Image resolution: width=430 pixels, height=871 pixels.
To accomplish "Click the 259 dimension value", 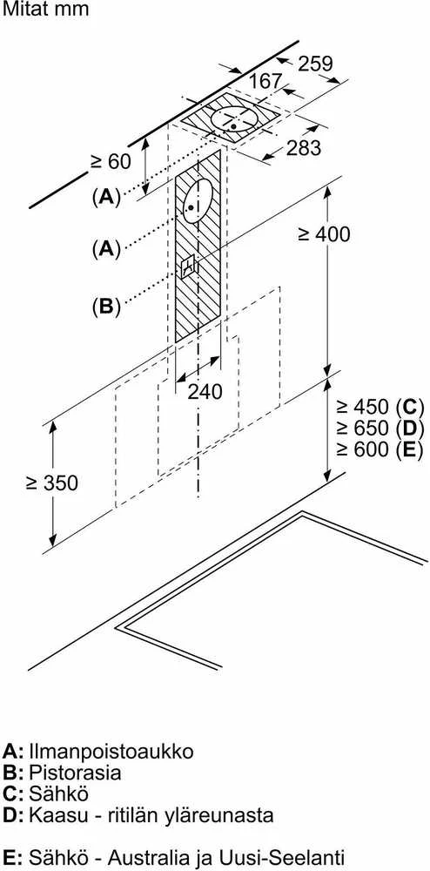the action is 315,64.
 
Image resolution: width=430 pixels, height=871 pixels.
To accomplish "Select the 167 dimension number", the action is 265,82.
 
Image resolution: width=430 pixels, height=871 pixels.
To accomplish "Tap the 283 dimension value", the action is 304,148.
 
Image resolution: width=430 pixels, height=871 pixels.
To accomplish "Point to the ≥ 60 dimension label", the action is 111,161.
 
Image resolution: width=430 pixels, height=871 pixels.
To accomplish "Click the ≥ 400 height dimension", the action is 324,233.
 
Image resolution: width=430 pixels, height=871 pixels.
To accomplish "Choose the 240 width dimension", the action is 205,392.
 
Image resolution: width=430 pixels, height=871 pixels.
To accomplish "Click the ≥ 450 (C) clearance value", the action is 380,407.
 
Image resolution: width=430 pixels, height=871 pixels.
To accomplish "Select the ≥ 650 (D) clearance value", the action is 380,429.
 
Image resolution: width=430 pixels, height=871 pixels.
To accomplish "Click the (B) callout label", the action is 106,307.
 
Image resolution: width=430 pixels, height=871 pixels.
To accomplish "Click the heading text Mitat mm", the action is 45,10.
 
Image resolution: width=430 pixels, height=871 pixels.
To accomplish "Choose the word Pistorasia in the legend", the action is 74,773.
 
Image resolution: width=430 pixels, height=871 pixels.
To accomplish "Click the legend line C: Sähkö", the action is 45,793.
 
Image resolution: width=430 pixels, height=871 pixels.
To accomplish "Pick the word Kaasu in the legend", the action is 56,815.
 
